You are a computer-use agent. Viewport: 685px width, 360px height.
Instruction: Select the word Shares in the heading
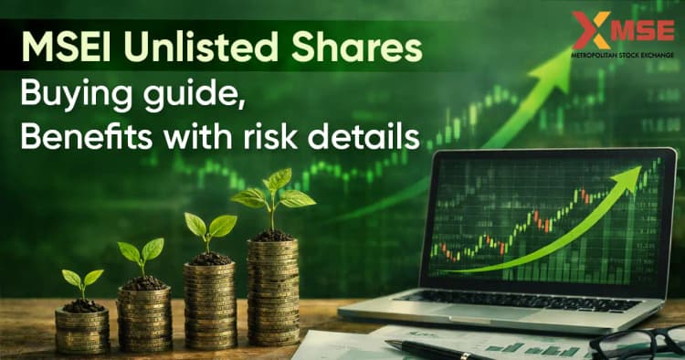tap(346, 45)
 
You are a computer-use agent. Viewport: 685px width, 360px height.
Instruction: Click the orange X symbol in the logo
tap(590, 31)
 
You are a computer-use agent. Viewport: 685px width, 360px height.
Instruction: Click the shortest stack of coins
tap(81, 328)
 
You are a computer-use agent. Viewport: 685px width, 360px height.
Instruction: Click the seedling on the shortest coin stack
tap(81, 283)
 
